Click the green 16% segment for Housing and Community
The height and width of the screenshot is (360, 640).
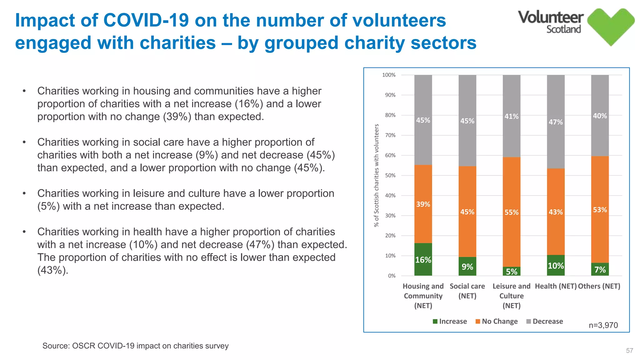(423, 259)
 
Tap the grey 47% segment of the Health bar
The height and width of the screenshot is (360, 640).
(556, 122)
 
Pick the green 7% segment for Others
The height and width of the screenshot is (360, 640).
(600, 269)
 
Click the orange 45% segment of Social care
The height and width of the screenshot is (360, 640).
(467, 212)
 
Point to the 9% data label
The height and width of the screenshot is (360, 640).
(467, 267)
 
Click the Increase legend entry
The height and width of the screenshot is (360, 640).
(450, 321)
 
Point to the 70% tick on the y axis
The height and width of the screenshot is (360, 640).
(390, 135)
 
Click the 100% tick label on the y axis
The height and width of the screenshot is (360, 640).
(389, 75)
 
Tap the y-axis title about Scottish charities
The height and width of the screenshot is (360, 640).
(377, 175)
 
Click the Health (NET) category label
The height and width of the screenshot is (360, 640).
(556, 286)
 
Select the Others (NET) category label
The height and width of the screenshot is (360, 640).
(599, 286)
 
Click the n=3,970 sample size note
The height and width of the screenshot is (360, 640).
(603, 325)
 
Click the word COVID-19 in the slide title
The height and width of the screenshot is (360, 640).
(146, 20)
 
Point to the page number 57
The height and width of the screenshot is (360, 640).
(629, 351)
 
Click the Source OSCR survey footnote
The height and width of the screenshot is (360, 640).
(135, 346)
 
